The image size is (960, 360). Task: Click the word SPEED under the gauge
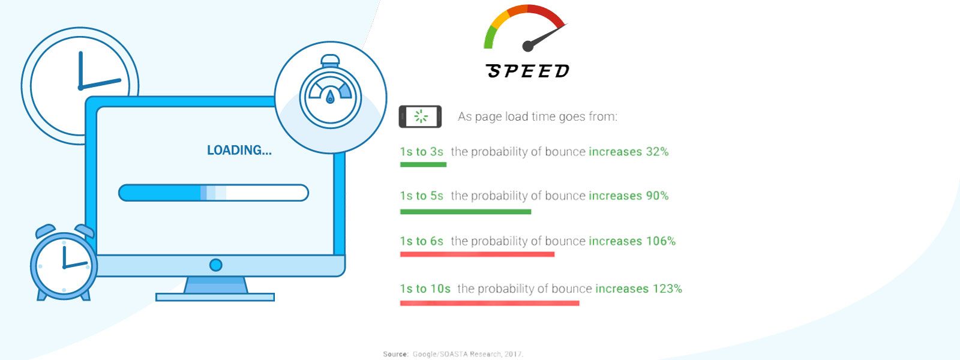(x=527, y=71)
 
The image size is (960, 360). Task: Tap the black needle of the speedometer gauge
(x=544, y=37)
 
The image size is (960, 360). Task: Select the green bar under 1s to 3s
(x=423, y=164)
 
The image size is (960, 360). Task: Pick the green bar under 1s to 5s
(x=466, y=212)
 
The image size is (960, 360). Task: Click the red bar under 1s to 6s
(x=477, y=254)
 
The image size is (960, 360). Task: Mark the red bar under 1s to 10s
(x=490, y=303)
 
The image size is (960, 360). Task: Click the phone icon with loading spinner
(x=420, y=116)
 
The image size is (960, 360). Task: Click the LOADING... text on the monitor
(x=239, y=151)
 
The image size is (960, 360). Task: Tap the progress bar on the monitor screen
(x=214, y=193)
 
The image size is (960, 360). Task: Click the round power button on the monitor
(x=215, y=265)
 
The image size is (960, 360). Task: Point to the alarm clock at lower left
(x=64, y=262)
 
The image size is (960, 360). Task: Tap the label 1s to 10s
(x=425, y=289)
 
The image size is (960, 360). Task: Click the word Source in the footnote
(x=395, y=355)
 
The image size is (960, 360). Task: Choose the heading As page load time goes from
(x=538, y=116)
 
